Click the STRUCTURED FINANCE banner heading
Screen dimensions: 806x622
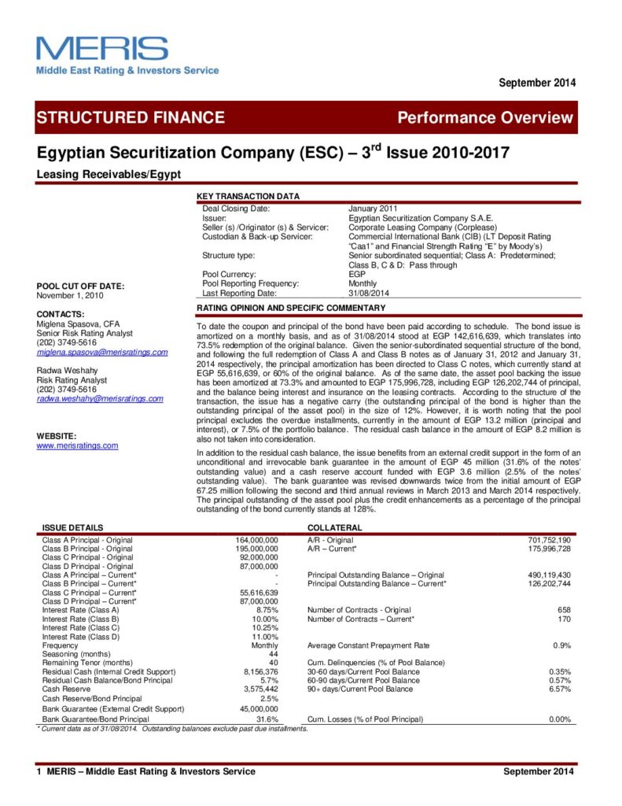[131, 118]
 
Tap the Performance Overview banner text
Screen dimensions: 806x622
[485, 118]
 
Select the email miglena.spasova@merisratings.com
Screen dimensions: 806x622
[102, 352]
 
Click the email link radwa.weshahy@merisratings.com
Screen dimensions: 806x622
[100, 398]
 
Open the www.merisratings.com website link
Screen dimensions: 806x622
[77, 446]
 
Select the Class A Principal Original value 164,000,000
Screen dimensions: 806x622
[257, 540]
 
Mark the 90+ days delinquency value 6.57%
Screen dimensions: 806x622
[559, 689]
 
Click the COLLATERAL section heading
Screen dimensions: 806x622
[334, 527]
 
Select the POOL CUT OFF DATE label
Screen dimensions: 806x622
[80, 286]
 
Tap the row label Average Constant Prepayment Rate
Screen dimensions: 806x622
[369, 645]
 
